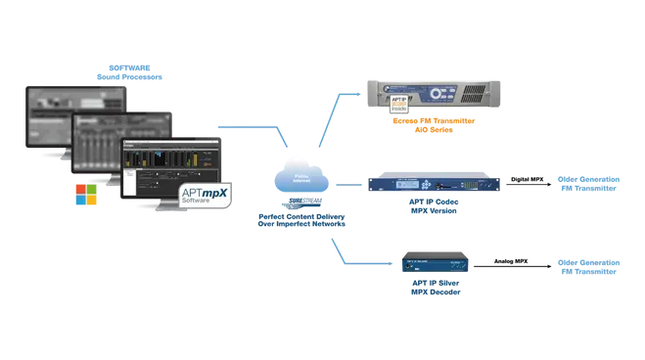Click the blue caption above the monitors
click(130, 74)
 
